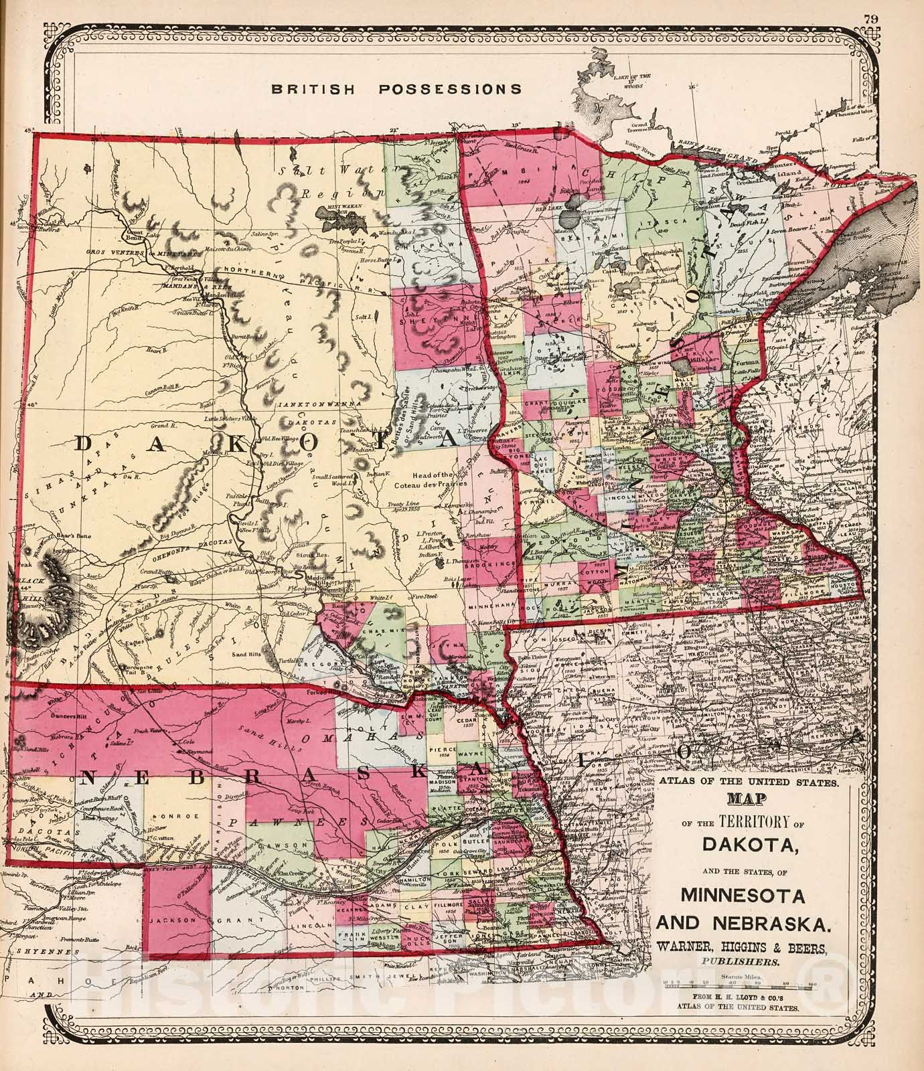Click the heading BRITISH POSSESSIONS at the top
pos(396,88)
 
